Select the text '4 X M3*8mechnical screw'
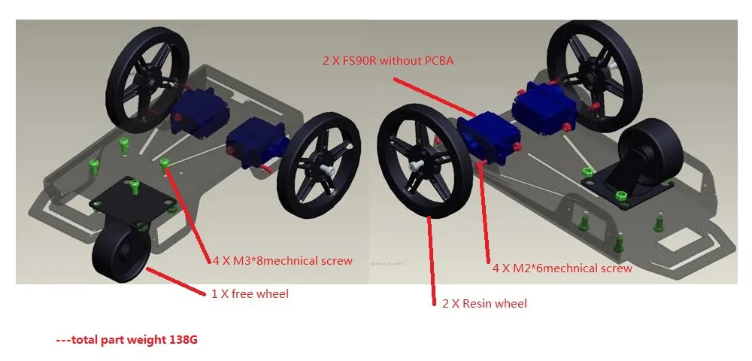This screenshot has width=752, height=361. [x=283, y=262]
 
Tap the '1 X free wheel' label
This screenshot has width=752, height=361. [x=250, y=293]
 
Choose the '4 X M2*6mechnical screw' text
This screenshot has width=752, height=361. [x=562, y=268]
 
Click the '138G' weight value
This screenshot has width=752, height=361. [x=183, y=340]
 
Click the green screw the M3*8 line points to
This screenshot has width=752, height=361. [x=164, y=164]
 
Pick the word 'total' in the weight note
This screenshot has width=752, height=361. [x=86, y=340]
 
